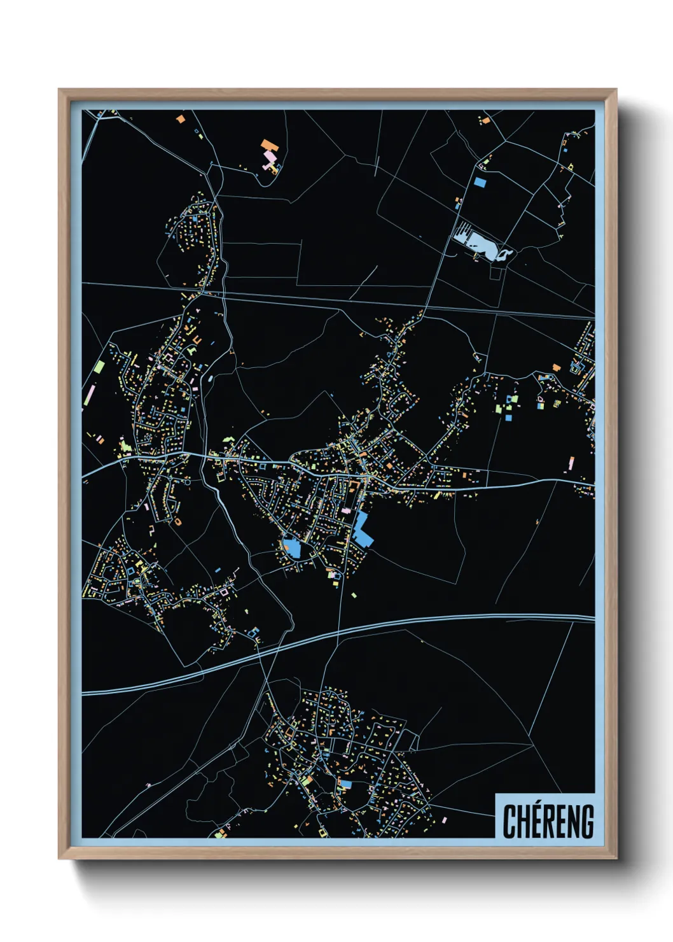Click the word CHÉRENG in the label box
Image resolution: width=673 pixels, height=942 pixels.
click(x=548, y=821)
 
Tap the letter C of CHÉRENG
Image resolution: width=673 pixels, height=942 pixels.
click(x=510, y=821)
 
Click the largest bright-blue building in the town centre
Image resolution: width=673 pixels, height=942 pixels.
click(x=363, y=530)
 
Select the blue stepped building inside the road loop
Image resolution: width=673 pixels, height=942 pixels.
click(x=292, y=547)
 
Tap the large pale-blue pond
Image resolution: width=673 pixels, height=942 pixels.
click(x=476, y=242)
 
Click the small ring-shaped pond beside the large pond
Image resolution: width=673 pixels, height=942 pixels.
click(x=506, y=255)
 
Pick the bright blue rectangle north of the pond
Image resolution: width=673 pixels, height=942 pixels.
click(x=480, y=182)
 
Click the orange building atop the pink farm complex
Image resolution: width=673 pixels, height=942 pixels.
click(x=267, y=145)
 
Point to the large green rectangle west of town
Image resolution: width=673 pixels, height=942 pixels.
click(x=99, y=367)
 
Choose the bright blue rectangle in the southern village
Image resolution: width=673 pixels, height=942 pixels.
click(x=345, y=784)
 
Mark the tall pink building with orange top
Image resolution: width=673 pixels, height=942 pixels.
click(x=571, y=463)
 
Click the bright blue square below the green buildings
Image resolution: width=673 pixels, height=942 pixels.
click(x=509, y=418)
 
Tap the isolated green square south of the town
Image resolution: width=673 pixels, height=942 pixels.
click(x=354, y=596)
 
